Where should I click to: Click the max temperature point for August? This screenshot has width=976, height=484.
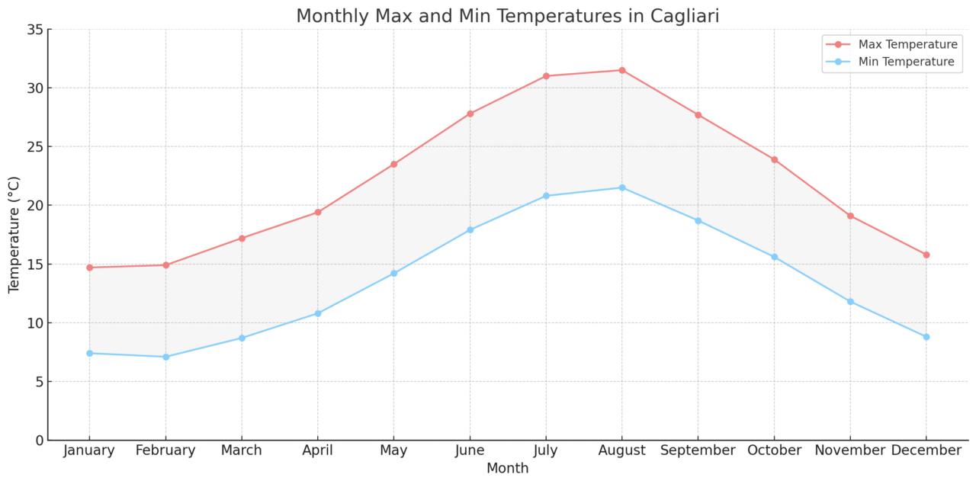click(621, 70)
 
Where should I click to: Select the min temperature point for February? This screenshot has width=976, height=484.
click(165, 357)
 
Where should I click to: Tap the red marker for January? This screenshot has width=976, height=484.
click(89, 268)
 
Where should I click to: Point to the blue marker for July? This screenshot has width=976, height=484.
click(546, 196)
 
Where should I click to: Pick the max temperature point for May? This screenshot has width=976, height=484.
click(393, 164)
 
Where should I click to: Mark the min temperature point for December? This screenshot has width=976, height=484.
click(926, 337)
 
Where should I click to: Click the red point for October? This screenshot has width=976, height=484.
click(774, 159)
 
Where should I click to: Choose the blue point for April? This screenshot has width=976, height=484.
click(318, 313)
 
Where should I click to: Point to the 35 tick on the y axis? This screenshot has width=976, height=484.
click(35, 30)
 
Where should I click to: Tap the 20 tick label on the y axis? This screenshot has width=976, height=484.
click(35, 206)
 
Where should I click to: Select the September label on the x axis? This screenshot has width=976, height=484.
click(698, 450)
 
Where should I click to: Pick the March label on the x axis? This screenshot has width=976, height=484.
click(242, 450)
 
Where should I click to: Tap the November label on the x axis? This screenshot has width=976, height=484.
click(850, 450)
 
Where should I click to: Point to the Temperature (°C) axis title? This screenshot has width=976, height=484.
click(14, 235)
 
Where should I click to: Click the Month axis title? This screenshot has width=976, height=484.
click(508, 469)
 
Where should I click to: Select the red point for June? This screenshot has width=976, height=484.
click(470, 114)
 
